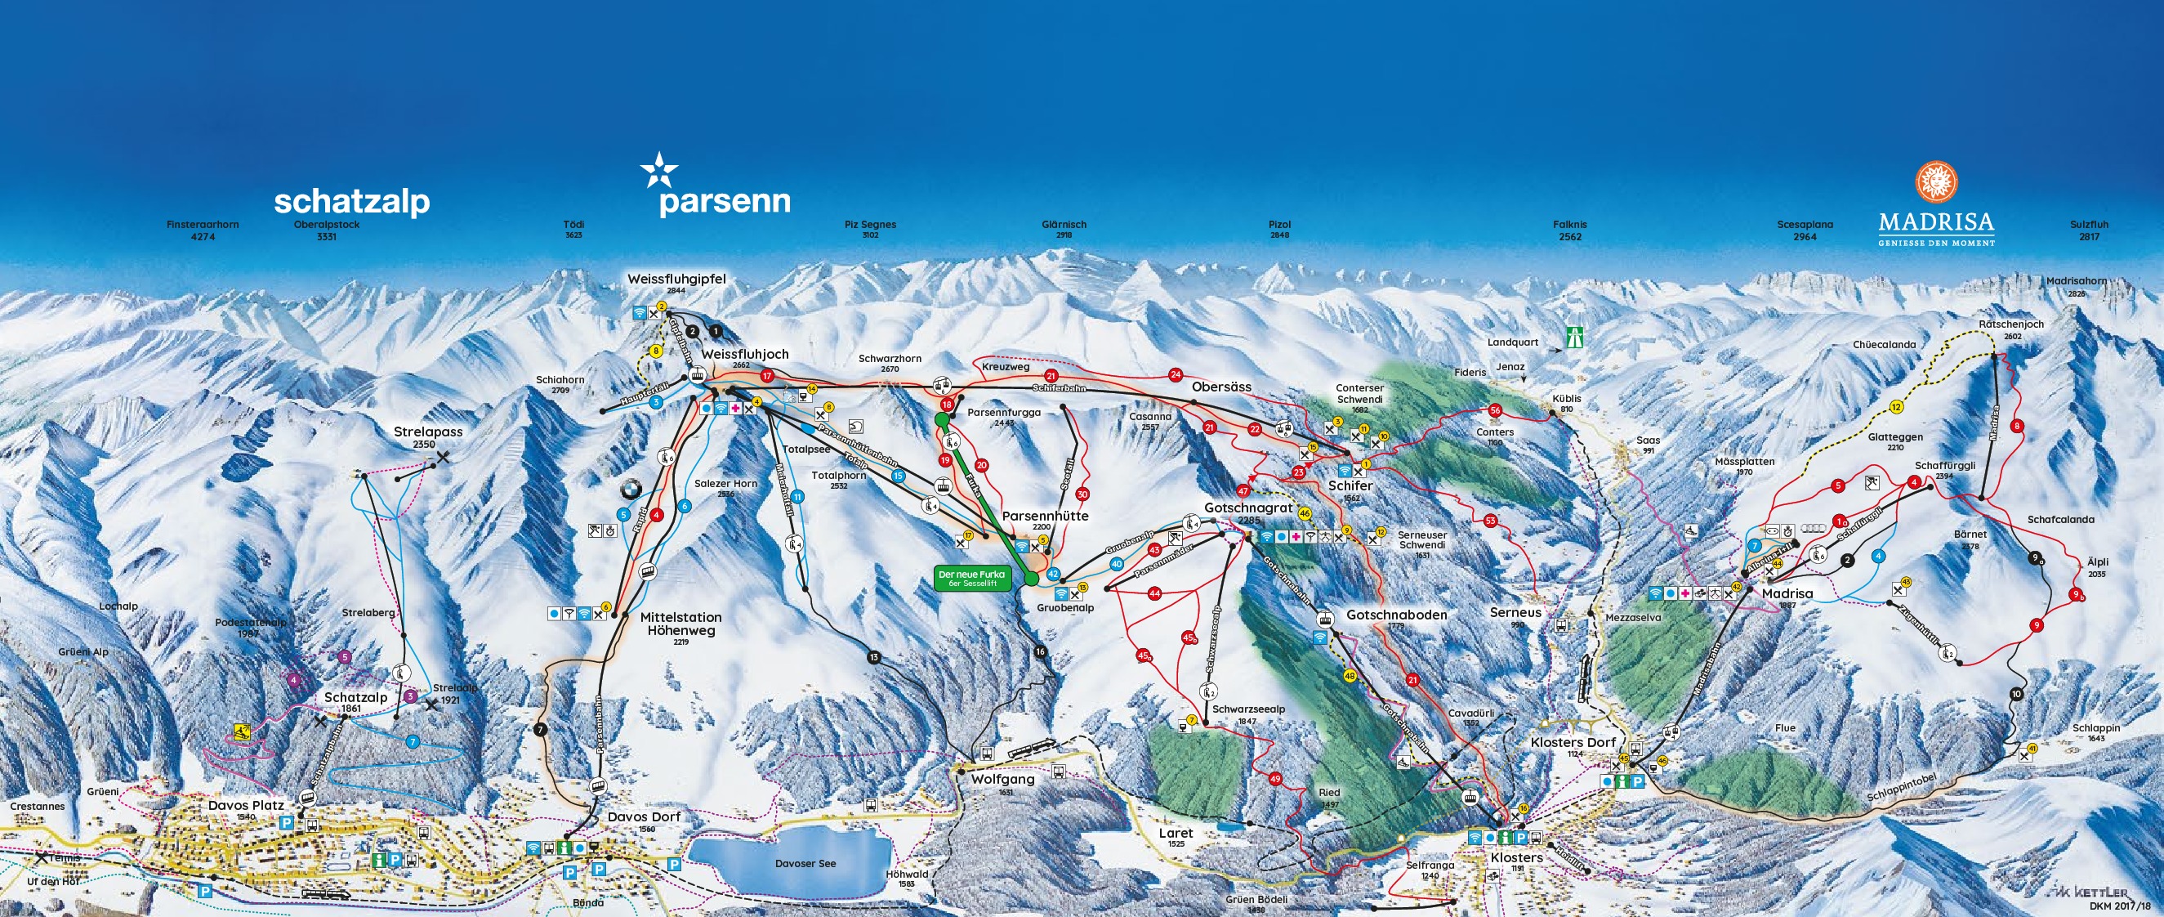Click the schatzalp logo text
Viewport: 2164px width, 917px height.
351,203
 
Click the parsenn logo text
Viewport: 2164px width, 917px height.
724,202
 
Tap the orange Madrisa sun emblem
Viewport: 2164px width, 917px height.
1936,183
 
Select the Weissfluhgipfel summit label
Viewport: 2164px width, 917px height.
676,279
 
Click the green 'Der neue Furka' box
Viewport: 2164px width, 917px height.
971,579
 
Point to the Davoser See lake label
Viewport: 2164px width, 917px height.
805,863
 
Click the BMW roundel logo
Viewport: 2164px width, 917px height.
630,490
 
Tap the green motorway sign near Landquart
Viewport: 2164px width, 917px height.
1573,338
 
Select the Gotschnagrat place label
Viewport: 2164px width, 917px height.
1248,508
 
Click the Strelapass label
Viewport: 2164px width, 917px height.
427,432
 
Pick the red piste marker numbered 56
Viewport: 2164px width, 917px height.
1494,410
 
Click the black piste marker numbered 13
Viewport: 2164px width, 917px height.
875,657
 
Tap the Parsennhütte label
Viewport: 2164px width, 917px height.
1045,516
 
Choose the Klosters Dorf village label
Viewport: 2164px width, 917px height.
1573,742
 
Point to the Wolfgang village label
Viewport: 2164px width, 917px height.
1002,779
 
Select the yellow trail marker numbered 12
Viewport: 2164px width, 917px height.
1896,408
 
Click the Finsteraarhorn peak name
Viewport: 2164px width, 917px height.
203,226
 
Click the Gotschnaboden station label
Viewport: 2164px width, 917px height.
1396,615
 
